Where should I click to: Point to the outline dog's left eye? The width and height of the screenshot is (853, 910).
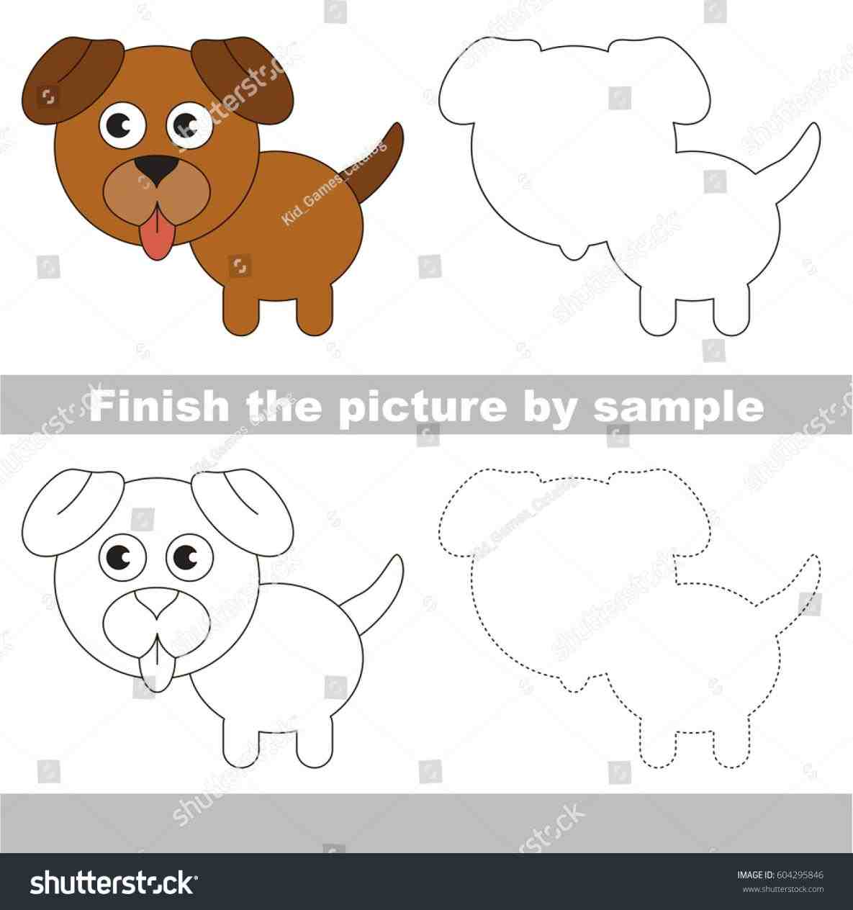click(121, 557)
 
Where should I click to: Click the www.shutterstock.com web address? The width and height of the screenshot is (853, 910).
click(782, 889)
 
